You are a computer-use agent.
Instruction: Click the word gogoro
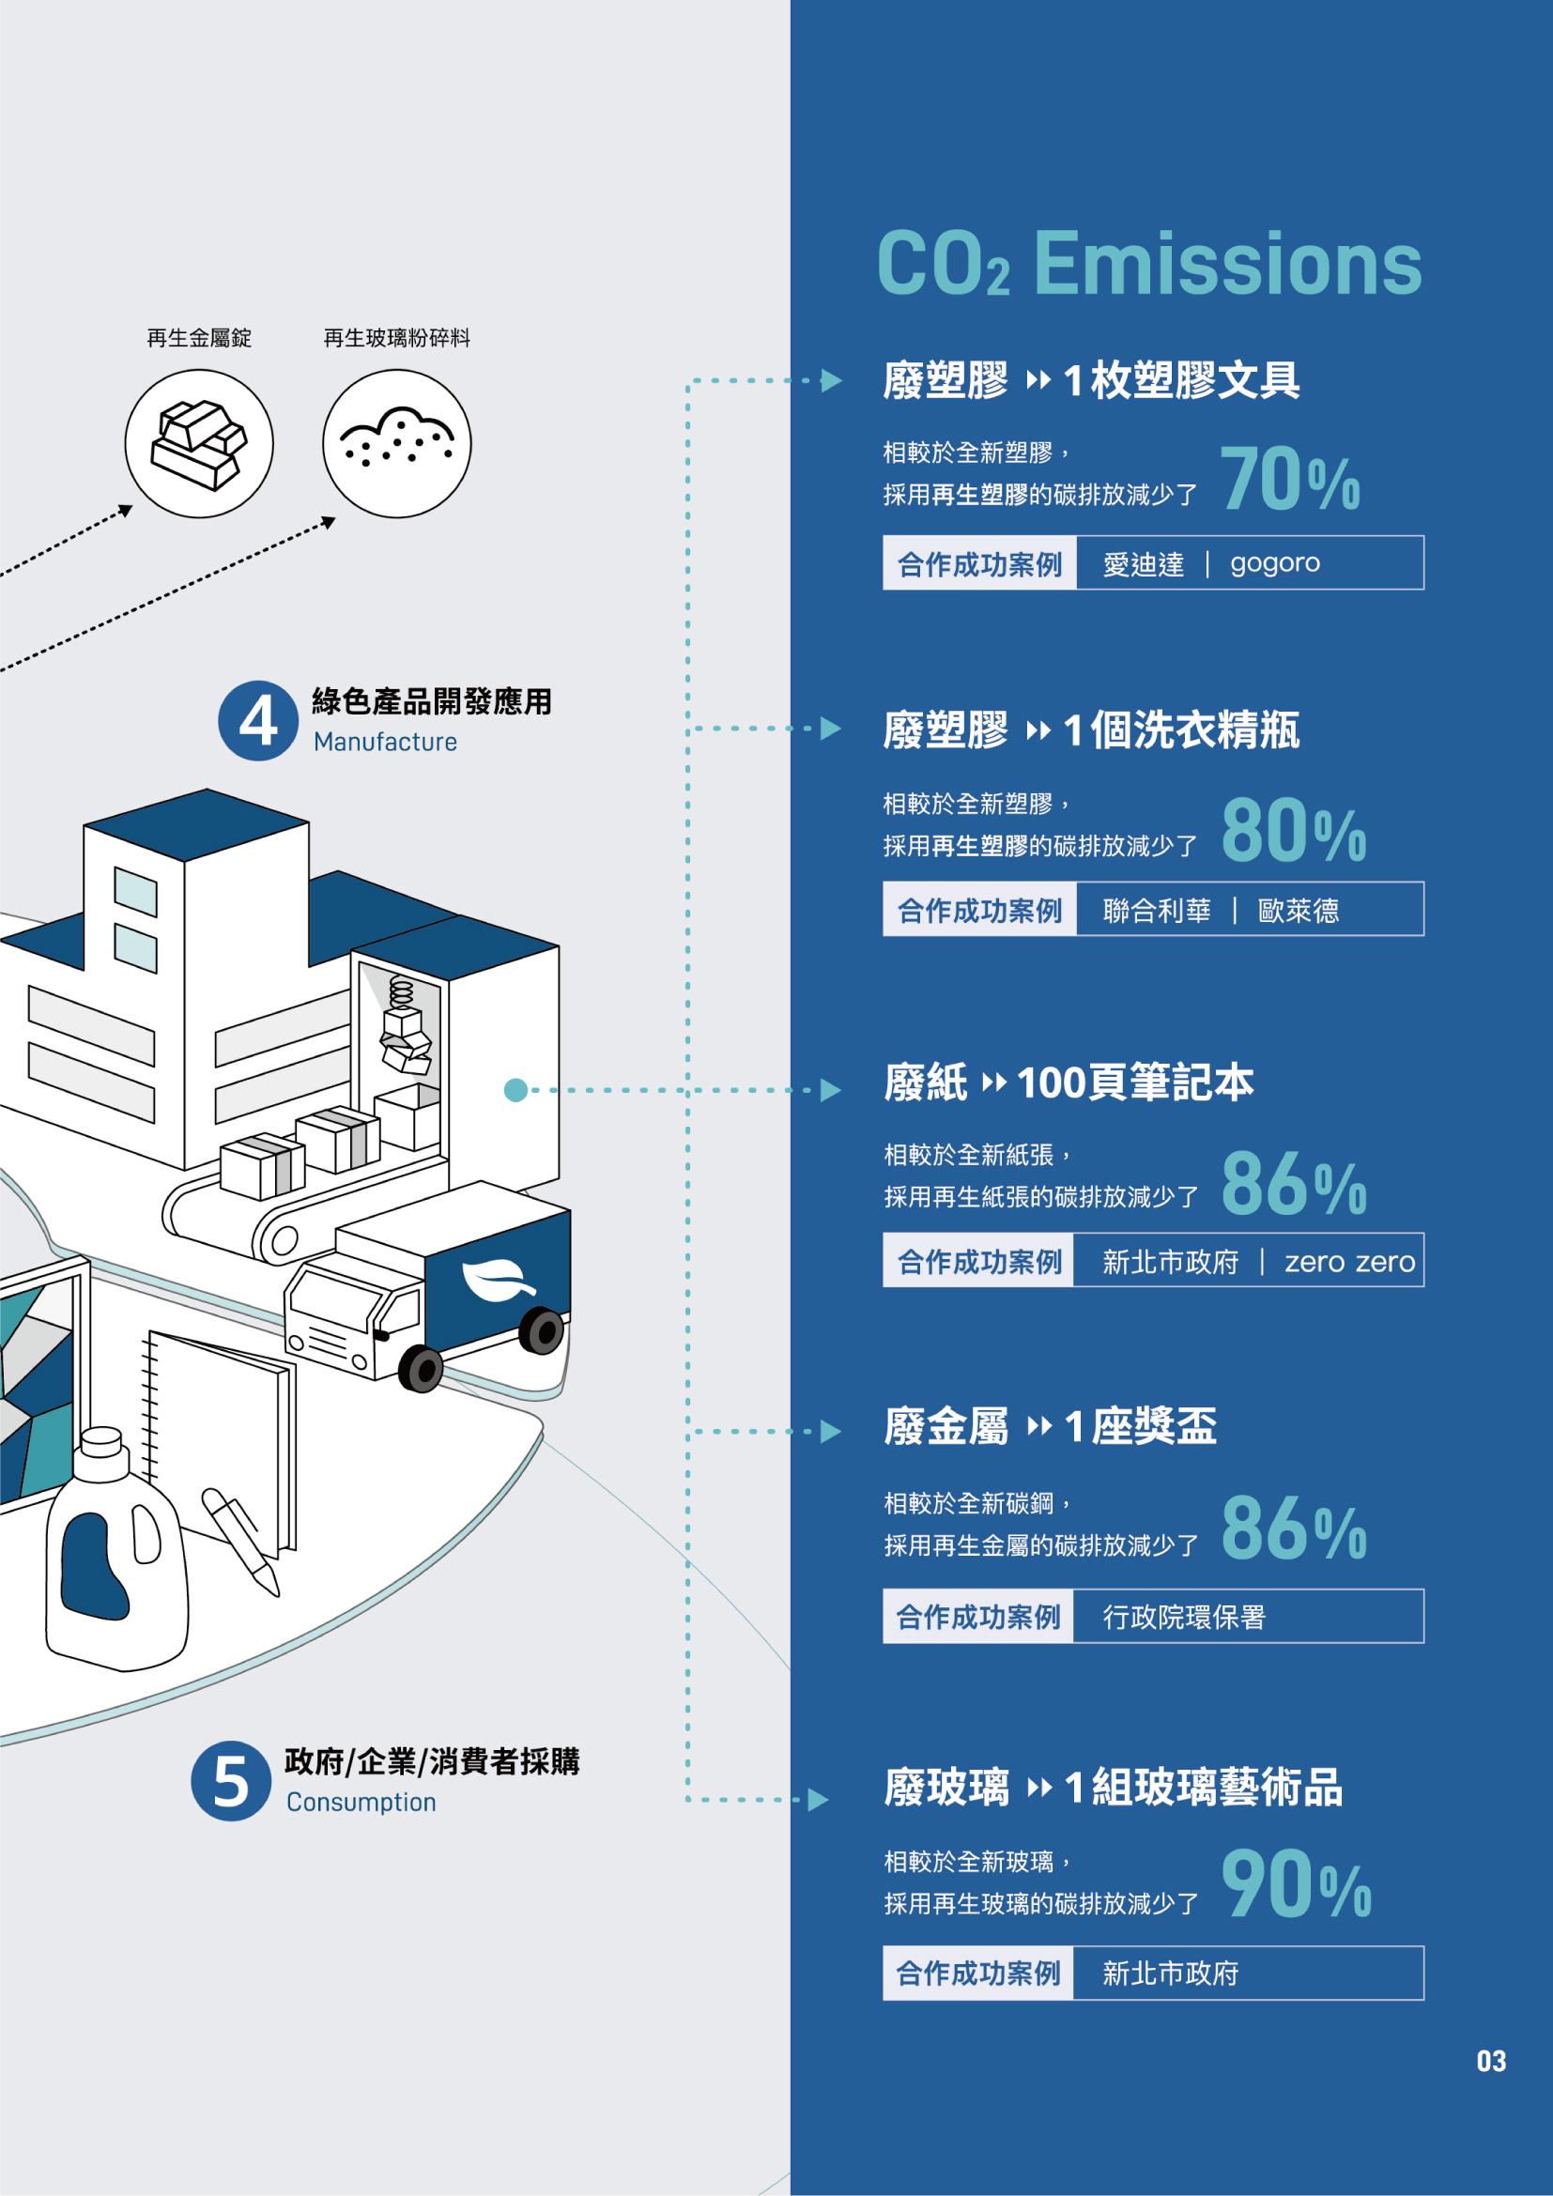1275,563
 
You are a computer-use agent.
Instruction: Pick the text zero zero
1349,1263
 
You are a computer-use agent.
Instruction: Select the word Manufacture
385,743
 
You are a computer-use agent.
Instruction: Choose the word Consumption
361,1803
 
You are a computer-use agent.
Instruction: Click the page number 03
1491,2088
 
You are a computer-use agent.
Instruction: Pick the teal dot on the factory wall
515,1090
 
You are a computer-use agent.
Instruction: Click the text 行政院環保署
1184,1618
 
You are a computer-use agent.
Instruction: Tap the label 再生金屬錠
199,338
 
